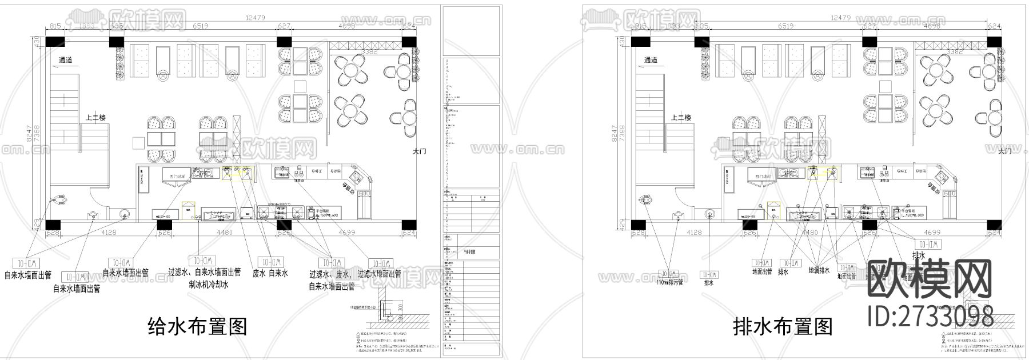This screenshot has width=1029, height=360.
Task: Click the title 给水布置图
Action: (x=197, y=327)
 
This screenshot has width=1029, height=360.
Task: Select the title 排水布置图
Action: (x=783, y=327)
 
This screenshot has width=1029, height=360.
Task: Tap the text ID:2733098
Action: (x=930, y=315)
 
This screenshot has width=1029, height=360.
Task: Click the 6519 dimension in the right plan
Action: (x=789, y=26)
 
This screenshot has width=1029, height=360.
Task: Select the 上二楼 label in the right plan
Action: (x=681, y=118)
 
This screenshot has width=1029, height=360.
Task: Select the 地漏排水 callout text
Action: (x=819, y=270)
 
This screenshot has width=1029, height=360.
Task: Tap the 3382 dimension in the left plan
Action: (x=369, y=52)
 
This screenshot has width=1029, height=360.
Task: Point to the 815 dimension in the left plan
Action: (x=55, y=26)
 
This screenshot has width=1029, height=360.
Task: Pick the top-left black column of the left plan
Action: (x=55, y=42)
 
